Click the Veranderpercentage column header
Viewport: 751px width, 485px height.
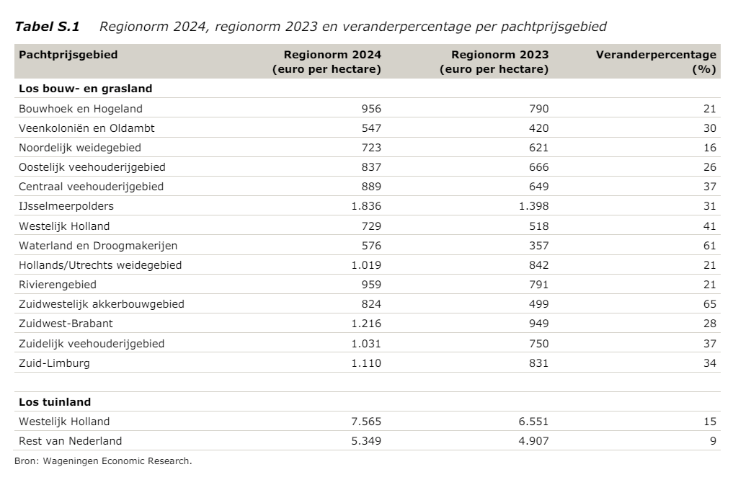pyautogui.click(x=656, y=62)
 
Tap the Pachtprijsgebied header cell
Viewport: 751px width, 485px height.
pyautogui.click(x=68, y=55)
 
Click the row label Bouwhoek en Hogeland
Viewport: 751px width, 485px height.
pyautogui.click(x=81, y=109)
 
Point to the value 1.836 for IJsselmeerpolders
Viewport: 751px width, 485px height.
pyautogui.click(x=366, y=206)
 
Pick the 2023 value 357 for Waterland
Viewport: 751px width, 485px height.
pyautogui.click(x=539, y=246)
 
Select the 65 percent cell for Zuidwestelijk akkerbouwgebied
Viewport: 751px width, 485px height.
pyautogui.click(x=709, y=304)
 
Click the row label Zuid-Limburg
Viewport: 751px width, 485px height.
pyautogui.click(x=54, y=363)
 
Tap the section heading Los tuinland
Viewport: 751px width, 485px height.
pyautogui.click(x=55, y=402)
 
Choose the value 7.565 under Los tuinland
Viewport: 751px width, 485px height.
pyautogui.click(x=366, y=422)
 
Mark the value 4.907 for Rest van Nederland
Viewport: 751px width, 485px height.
pyautogui.click(x=533, y=441)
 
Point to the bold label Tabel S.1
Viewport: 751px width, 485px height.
pyautogui.click(x=47, y=27)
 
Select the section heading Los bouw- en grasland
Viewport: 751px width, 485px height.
pyautogui.click(x=85, y=89)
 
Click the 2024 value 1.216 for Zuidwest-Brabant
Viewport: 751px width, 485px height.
pyautogui.click(x=366, y=324)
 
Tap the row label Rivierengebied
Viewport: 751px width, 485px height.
pyautogui.click(x=58, y=285)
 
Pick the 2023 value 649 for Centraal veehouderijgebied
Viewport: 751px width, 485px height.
pyautogui.click(x=539, y=187)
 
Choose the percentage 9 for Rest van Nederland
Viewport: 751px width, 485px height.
pyautogui.click(x=714, y=441)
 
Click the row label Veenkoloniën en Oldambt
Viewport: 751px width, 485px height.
pyautogui.click(x=86, y=128)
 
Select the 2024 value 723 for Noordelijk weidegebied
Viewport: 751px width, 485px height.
pyautogui.click(x=371, y=148)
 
